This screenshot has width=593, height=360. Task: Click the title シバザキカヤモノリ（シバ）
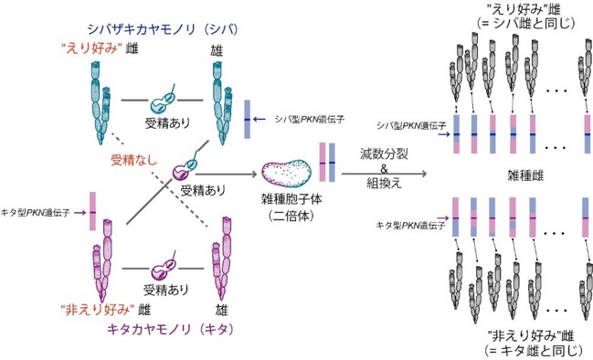pos(163,29)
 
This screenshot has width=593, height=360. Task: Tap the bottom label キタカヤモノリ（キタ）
pos(170,329)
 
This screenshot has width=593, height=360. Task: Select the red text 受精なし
pos(134,160)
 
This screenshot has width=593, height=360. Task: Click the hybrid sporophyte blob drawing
pos(287,175)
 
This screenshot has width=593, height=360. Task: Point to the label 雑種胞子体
pos(291,199)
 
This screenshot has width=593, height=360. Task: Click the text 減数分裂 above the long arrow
pos(384,154)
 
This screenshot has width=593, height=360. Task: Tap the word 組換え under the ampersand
pos(384,183)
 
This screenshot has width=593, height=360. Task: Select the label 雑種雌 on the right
pos(525,175)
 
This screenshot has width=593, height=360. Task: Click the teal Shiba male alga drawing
pos(222,103)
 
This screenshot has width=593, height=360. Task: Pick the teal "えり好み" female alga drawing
pos(101,103)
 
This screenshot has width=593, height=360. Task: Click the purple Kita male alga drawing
pos(222,259)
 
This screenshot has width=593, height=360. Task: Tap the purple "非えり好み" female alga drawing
pos(102,261)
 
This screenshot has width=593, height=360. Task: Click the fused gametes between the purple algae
pos(164,268)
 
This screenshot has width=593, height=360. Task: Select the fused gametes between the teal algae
pos(164,101)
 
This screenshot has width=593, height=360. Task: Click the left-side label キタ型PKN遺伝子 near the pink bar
pos(36,213)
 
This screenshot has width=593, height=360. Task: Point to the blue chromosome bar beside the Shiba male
pos(247,119)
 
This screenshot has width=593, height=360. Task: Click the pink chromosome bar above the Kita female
pos(92,211)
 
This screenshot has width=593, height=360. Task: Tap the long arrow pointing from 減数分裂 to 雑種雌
pos(385,174)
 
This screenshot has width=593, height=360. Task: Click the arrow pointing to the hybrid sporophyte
pos(227,175)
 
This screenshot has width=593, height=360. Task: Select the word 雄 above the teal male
pos(217,50)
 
